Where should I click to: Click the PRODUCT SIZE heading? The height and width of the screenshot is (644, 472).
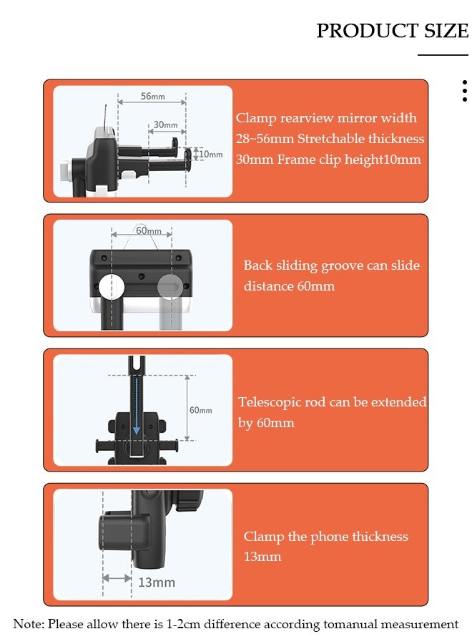click(x=392, y=31)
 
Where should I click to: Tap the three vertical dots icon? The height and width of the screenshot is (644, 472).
click(x=464, y=91)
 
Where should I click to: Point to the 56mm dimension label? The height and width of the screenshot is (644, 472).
click(x=152, y=96)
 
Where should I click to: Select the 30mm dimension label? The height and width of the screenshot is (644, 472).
click(x=165, y=125)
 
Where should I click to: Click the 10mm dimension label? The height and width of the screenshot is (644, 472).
click(x=211, y=154)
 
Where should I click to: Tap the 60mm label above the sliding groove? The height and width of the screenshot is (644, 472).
click(x=148, y=230)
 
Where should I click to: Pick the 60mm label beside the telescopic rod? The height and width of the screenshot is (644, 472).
click(x=201, y=410)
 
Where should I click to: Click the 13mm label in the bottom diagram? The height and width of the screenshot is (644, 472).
click(x=157, y=582)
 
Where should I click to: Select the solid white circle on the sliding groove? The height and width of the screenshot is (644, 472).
click(x=112, y=286)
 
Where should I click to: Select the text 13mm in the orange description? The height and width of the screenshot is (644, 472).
click(x=262, y=557)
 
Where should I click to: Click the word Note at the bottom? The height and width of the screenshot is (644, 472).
click(x=28, y=624)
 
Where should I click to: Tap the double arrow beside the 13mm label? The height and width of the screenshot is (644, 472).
click(x=117, y=578)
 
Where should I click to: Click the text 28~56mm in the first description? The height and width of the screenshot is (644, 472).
click(x=265, y=138)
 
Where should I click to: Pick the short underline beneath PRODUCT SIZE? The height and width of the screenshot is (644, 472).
click(x=443, y=54)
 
